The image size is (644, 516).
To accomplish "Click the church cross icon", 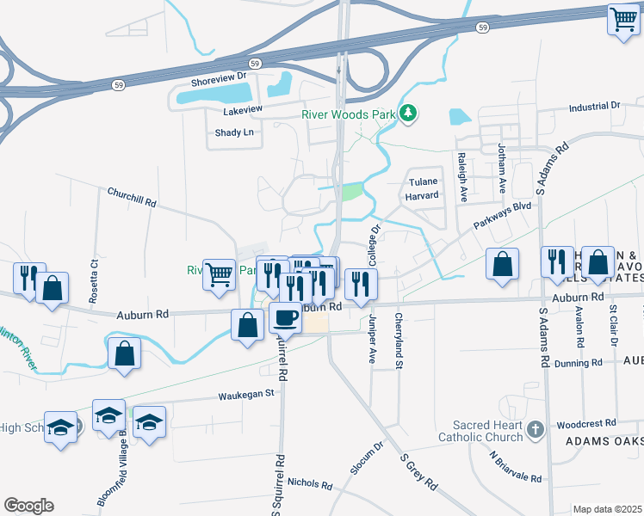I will click(535, 428).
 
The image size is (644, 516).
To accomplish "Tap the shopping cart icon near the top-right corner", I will click(622, 20).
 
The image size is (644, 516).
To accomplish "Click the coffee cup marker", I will click(286, 318).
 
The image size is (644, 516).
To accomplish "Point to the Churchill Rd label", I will click(132, 197).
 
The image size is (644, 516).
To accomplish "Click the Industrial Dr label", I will click(594, 106).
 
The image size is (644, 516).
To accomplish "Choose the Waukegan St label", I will click(245, 393).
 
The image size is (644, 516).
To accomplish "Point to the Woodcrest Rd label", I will click(585, 424).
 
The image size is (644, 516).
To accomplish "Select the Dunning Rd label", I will click(579, 364).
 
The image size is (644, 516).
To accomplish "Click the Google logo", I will click(29, 506).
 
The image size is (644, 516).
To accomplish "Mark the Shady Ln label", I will click(234, 132).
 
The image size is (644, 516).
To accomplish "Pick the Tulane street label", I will click(424, 181).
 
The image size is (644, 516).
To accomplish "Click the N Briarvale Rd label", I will click(516, 465).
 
